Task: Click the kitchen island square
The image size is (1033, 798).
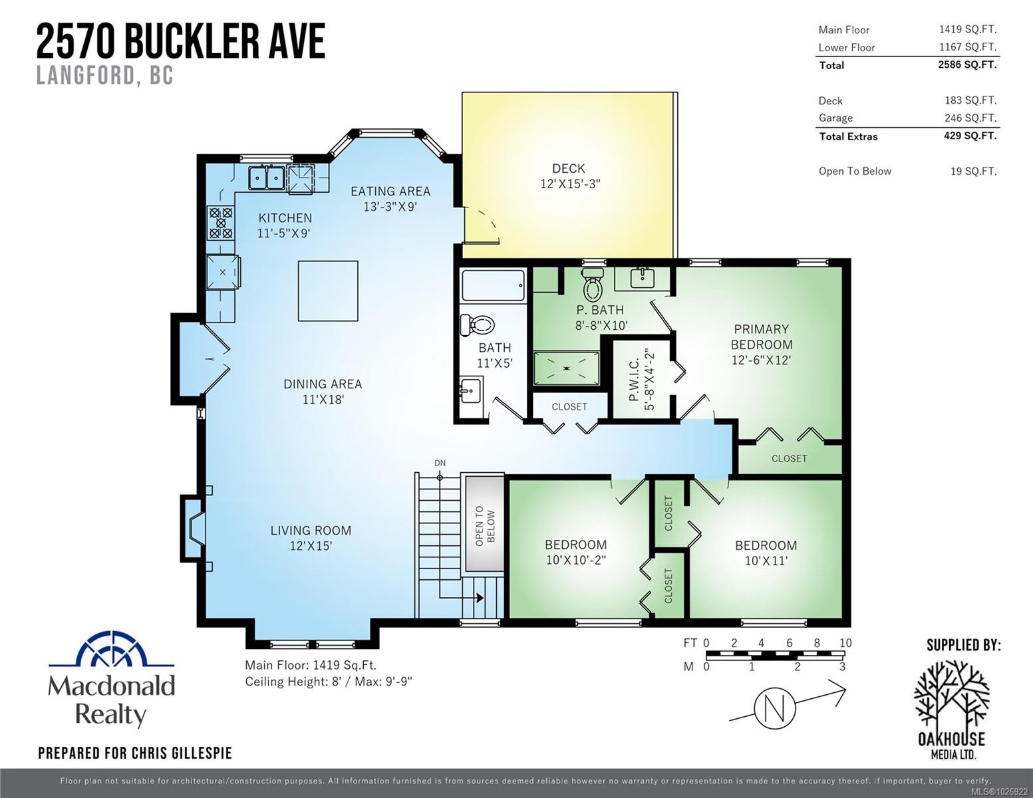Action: click(x=328, y=291)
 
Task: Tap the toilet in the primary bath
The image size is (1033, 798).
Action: click(x=592, y=285)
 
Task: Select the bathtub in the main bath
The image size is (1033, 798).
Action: click(x=493, y=287)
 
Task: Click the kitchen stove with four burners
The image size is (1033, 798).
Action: click(x=221, y=223)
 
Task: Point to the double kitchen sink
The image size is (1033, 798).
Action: click(x=267, y=178)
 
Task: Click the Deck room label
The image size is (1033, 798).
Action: click(x=569, y=176)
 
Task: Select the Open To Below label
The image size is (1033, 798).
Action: click(x=484, y=527)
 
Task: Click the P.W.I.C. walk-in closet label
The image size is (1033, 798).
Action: click(x=641, y=383)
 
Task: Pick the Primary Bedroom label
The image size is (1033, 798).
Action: click(x=761, y=337)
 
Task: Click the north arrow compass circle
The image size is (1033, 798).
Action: click(x=776, y=708)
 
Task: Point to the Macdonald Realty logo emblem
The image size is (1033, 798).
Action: click(x=111, y=649)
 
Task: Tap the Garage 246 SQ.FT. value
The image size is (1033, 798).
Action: click(x=970, y=118)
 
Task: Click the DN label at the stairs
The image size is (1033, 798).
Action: click(x=440, y=463)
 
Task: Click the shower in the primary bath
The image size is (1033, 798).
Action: click(x=566, y=368)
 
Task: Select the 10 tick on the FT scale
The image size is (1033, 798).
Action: click(x=845, y=643)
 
